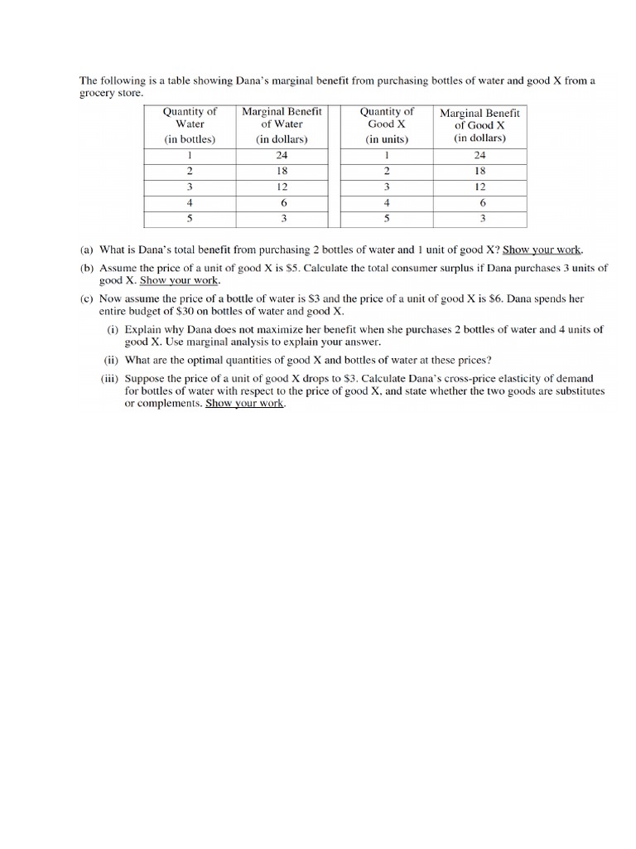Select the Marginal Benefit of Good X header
pyautogui.click(x=479, y=125)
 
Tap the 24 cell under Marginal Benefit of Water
pyautogui.click(x=282, y=155)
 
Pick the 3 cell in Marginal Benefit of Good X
pyautogui.click(x=482, y=219)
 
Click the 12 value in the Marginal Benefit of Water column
pyautogui.click(x=282, y=187)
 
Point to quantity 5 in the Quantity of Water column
pyautogui.click(x=190, y=219)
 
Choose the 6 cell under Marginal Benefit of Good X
pyautogui.click(x=482, y=203)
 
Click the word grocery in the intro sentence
pyautogui.click(x=99, y=94)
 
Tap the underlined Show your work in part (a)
pyautogui.click(x=542, y=250)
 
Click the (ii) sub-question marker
pyautogui.click(x=111, y=360)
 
